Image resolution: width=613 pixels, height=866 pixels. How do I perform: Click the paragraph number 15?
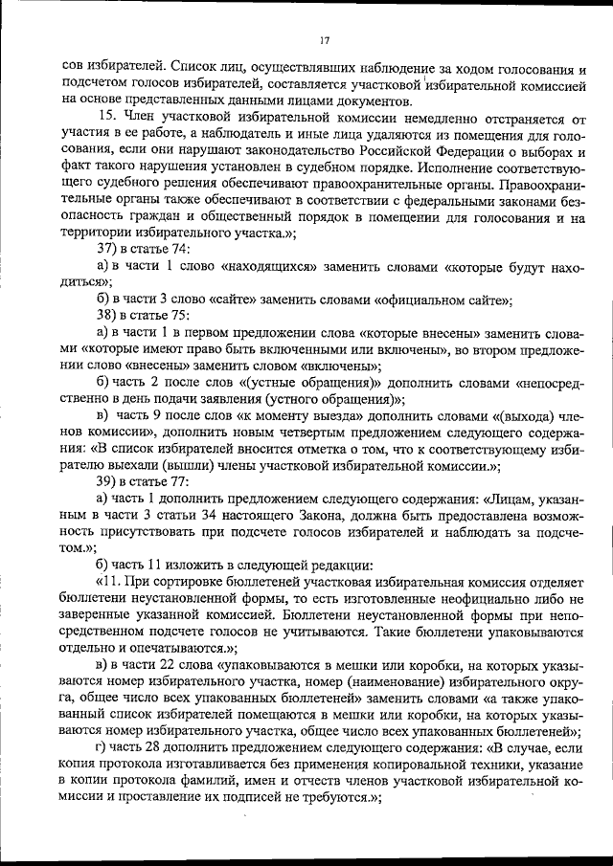(x=106, y=116)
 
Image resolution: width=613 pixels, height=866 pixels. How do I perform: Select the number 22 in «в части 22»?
(x=170, y=664)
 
